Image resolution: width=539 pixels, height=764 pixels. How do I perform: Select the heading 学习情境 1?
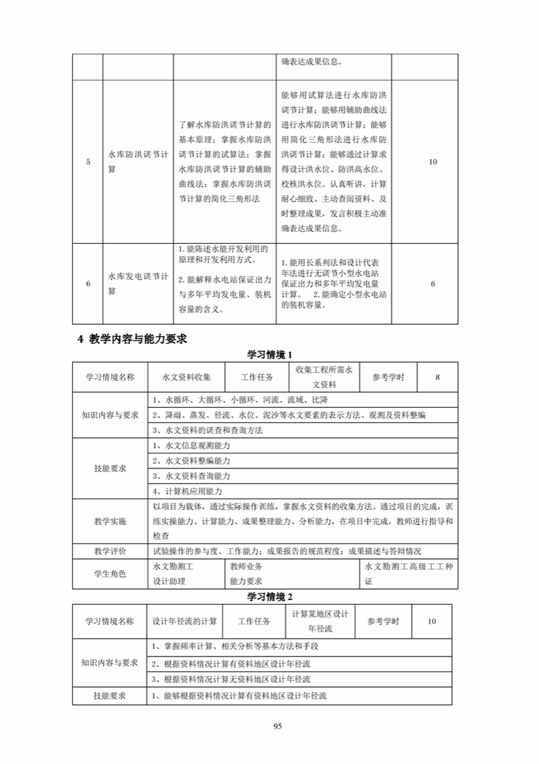click(x=269, y=355)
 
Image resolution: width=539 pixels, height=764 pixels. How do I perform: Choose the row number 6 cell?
click(x=88, y=283)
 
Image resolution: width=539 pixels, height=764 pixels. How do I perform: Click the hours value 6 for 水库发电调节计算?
click(x=433, y=283)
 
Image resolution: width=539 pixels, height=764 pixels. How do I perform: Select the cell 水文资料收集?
click(x=186, y=377)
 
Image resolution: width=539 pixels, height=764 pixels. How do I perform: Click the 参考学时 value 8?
click(x=437, y=377)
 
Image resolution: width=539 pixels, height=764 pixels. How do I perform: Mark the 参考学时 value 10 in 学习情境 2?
click(x=433, y=621)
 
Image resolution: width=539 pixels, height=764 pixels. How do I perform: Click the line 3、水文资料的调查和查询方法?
click(x=208, y=430)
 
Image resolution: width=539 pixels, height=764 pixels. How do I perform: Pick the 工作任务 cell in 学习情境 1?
click(x=257, y=377)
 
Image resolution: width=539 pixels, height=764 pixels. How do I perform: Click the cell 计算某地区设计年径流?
click(x=320, y=621)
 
